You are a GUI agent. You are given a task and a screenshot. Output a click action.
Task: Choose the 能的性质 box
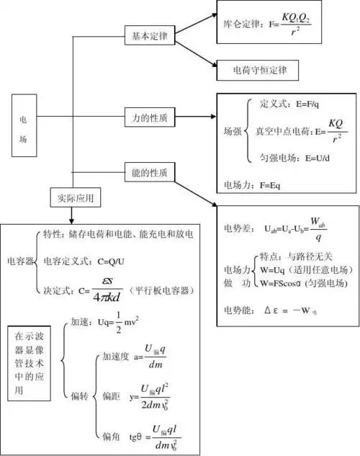(x=150, y=172)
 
